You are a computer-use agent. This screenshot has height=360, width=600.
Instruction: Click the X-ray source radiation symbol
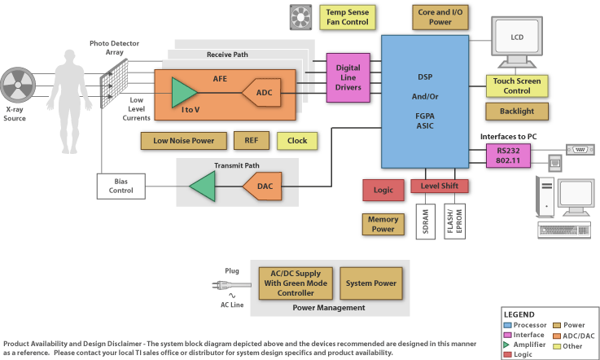pyautogui.click(x=19, y=85)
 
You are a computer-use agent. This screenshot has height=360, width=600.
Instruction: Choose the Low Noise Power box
pyautogui.click(x=183, y=140)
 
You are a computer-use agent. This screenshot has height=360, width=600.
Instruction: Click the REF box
pyautogui.click(x=252, y=140)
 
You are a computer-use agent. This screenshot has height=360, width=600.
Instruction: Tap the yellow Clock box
pyautogui.click(x=297, y=140)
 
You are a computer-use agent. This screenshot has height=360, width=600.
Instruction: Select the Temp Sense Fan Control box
pyautogui.click(x=348, y=17)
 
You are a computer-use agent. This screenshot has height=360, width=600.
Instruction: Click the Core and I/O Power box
pyautogui.click(x=440, y=17)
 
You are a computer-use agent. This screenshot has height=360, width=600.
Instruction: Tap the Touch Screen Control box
pyautogui.click(x=517, y=86)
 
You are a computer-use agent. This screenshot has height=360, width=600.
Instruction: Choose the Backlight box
pyautogui.click(x=517, y=111)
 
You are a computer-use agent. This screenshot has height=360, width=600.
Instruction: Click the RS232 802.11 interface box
pyautogui.click(x=502, y=155)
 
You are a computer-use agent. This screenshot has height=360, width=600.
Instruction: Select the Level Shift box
pyautogui.click(x=440, y=187)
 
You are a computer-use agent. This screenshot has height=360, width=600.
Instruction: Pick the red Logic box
pyautogui.click(x=383, y=190)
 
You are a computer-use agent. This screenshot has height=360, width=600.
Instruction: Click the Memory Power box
pyautogui.click(x=383, y=224)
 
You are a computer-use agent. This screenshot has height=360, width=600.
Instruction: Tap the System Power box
pyautogui.click(x=370, y=283)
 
